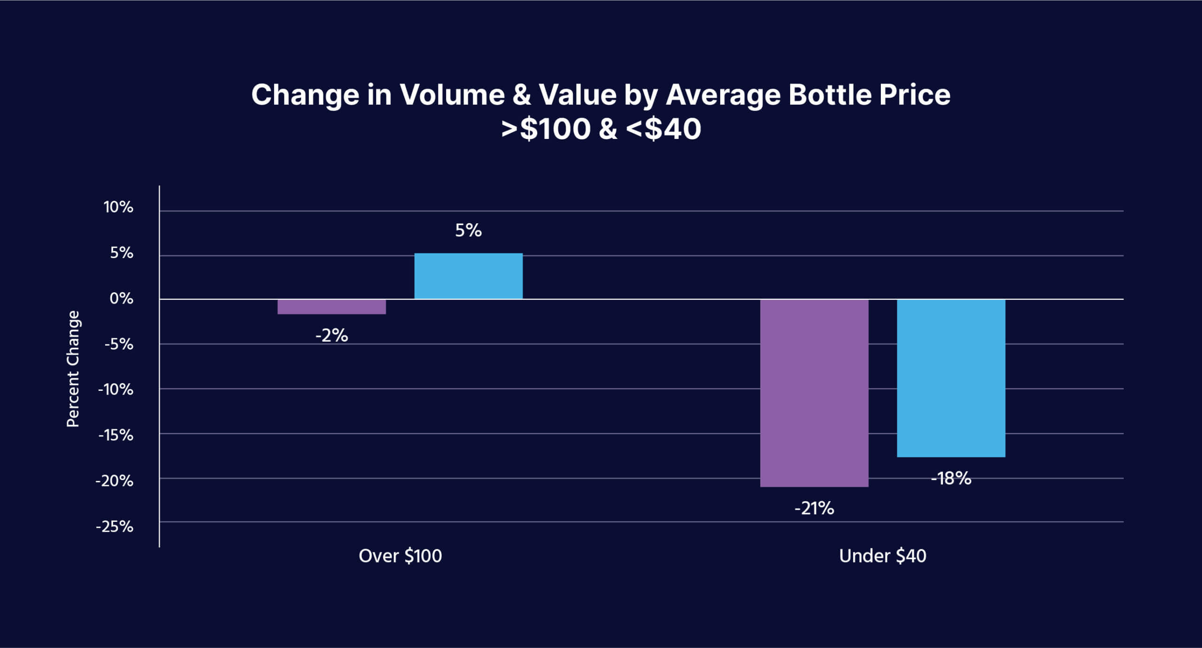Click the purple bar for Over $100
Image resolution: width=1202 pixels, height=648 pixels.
coord(331,307)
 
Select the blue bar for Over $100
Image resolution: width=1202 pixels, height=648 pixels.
coord(468,276)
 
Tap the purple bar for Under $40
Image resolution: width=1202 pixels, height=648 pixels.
coord(814,393)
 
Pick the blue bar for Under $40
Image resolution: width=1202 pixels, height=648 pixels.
coord(951,378)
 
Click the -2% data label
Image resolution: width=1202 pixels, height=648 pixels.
coord(331,335)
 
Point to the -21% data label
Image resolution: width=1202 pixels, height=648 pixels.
coord(814,508)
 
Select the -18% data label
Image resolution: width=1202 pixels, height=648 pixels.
coord(951,479)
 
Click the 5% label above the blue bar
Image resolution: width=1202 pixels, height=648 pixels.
coord(468,230)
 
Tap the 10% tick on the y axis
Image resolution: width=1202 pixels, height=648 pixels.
coord(118,207)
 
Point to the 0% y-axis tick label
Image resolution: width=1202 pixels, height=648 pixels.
coord(121,298)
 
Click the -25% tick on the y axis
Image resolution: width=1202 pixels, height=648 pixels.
coord(115,526)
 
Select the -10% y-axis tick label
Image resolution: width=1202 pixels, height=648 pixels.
coord(116,389)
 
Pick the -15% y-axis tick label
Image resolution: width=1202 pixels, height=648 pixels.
coord(116,435)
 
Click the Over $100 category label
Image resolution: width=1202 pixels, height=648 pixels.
coord(400,556)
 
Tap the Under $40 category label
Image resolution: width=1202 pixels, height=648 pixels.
coord(882,556)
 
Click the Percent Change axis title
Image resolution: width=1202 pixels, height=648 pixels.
coord(73,369)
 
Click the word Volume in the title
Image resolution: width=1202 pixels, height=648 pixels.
coord(452,95)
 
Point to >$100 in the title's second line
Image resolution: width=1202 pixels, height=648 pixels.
coord(545,129)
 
